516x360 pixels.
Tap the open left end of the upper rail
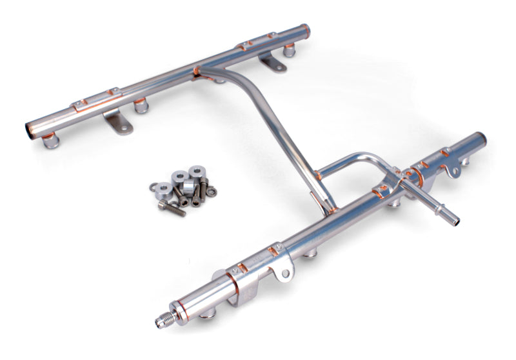click(30, 127)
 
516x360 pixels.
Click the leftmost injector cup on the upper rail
click(50, 140)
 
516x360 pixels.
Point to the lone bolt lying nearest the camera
click(172, 208)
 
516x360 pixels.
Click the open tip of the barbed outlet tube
click(456, 221)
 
